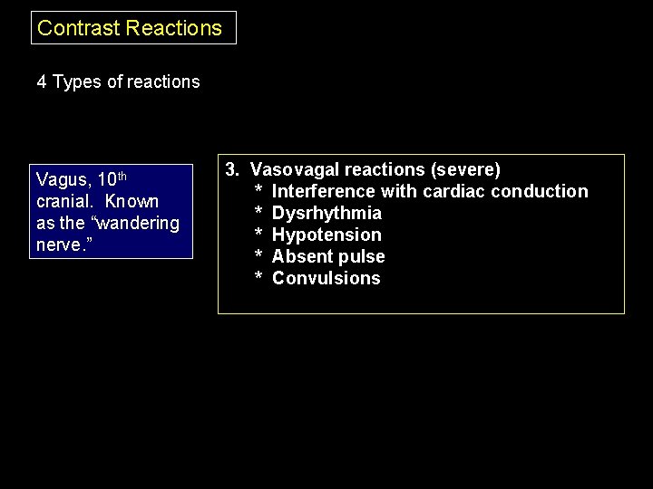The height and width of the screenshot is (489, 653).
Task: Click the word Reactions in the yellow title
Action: (174, 28)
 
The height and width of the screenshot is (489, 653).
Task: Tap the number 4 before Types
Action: (42, 82)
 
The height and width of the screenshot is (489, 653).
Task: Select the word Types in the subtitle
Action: (77, 82)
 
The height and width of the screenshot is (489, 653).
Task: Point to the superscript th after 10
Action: (122, 175)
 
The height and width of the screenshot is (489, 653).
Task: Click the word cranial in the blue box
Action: (64, 202)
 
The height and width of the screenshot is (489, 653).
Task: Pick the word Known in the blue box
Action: (132, 202)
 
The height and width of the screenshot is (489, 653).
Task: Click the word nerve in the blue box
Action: (58, 245)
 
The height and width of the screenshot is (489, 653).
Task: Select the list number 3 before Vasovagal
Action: (231, 169)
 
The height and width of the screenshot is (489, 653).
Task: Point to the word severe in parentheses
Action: (465, 169)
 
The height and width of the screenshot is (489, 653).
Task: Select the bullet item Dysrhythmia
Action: (326, 213)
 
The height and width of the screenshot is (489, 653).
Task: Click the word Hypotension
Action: (326, 235)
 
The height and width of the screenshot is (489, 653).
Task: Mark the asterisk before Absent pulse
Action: (258, 257)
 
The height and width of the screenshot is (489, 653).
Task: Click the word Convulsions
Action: (326, 278)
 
